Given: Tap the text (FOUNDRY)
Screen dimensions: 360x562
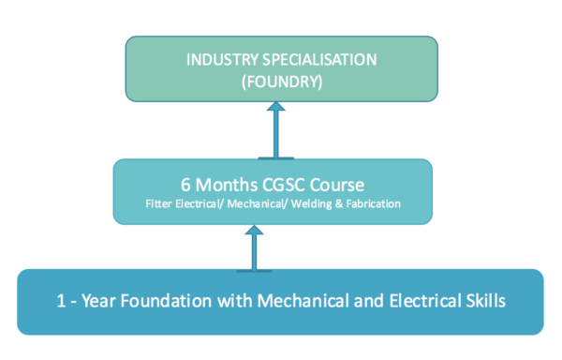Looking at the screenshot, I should point(282,82).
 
